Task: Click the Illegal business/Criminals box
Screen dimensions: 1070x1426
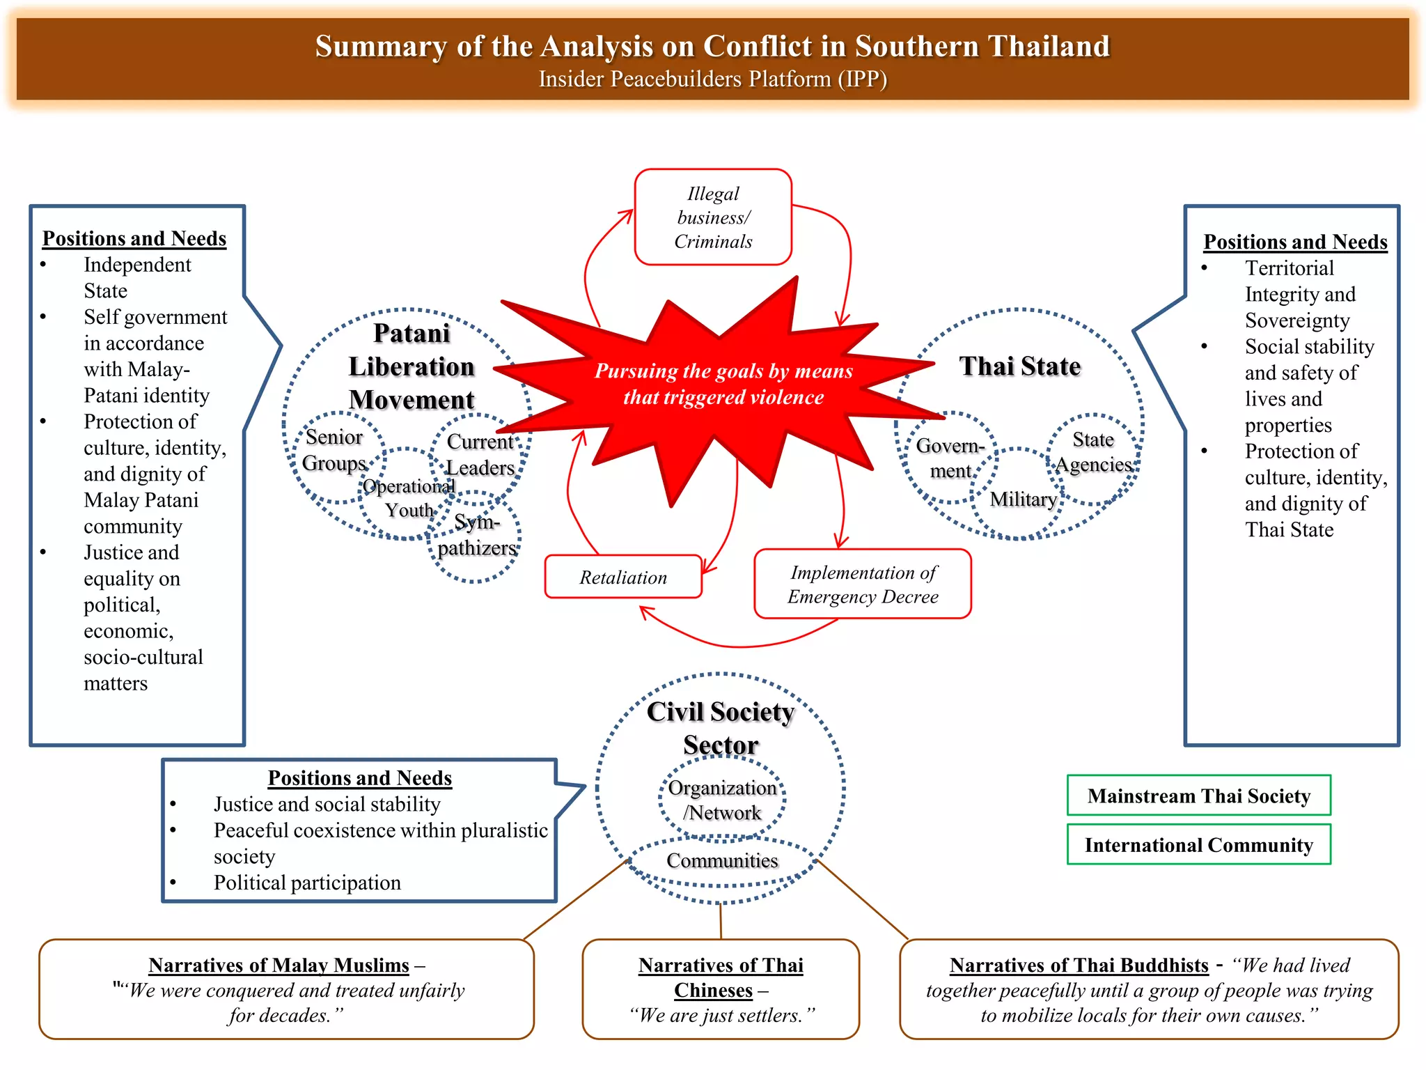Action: (713, 217)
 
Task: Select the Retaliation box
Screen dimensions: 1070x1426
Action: (623, 577)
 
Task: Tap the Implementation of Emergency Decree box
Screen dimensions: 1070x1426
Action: (863, 584)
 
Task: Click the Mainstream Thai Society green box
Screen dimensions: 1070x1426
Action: (1198, 796)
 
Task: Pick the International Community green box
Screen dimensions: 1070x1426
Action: (1198, 844)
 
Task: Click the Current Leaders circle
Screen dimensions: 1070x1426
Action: (480, 454)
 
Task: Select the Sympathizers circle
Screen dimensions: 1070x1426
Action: (476, 535)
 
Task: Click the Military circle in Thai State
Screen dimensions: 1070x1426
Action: (1022, 499)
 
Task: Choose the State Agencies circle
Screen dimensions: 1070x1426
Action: (1093, 453)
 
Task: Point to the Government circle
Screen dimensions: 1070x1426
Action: (950, 458)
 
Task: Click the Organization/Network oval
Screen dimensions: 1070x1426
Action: (722, 800)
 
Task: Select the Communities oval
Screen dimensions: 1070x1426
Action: (722, 861)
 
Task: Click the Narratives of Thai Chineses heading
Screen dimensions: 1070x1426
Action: (721, 977)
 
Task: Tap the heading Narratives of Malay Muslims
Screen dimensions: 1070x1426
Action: (279, 965)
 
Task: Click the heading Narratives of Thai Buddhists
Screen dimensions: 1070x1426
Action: (1079, 965)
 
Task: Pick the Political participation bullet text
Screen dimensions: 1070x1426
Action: (307, 883)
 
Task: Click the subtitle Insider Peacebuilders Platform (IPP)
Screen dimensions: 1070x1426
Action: (712, 79)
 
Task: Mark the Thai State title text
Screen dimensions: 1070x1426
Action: (1019, 366)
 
